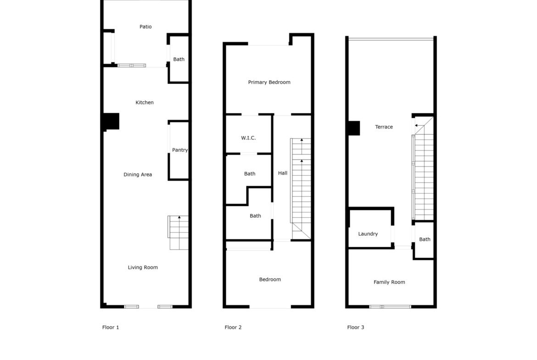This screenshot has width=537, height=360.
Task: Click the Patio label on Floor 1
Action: pyautogui.click(x=145, y=27)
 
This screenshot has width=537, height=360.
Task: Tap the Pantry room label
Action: pyautogui.click(x=180, y=150)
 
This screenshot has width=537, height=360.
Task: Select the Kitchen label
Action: pyautogui.click(x=145, y=102)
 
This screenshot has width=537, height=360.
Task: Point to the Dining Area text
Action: pyautogui.click(x=138, y=175)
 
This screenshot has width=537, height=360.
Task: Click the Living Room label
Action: pyautogui.click(x=143, y=267)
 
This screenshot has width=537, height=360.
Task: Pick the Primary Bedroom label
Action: pyautogui.click(x=269, y=82)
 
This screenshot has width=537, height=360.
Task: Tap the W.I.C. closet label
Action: pyautogui.click(x=248, y=138)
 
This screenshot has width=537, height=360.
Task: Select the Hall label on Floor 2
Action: pyautogui.click(x=283, y=173)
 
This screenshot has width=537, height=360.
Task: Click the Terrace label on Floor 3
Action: pyautogui.click(x=384, y=127)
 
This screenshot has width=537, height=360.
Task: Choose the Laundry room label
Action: pyautogui.click(x=368, y=234)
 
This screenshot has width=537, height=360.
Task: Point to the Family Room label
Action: pyautogui.click(x=389, y=282)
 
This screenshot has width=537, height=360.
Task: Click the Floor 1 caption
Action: pyautogui.click(x=111, y=327)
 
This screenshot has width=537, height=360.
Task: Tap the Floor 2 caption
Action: pyautogui.click(x=233, y=327)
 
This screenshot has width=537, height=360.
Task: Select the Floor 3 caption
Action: pyautogui.click(x=356, y=327)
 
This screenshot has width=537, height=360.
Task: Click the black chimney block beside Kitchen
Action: pyautogui.click(x=111, y=122)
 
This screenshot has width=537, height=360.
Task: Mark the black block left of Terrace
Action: pyautogui.click(x=354, y=128)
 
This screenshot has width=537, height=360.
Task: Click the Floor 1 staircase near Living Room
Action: pyautogui.click(x=178, y=233)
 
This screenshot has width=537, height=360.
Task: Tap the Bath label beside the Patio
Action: pyautogui.click(x=179, y=59)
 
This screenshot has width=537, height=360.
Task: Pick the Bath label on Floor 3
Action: pyautogui.click(x=425, y=239)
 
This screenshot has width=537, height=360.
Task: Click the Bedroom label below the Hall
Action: pyautogui.click(x=270, y=279)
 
